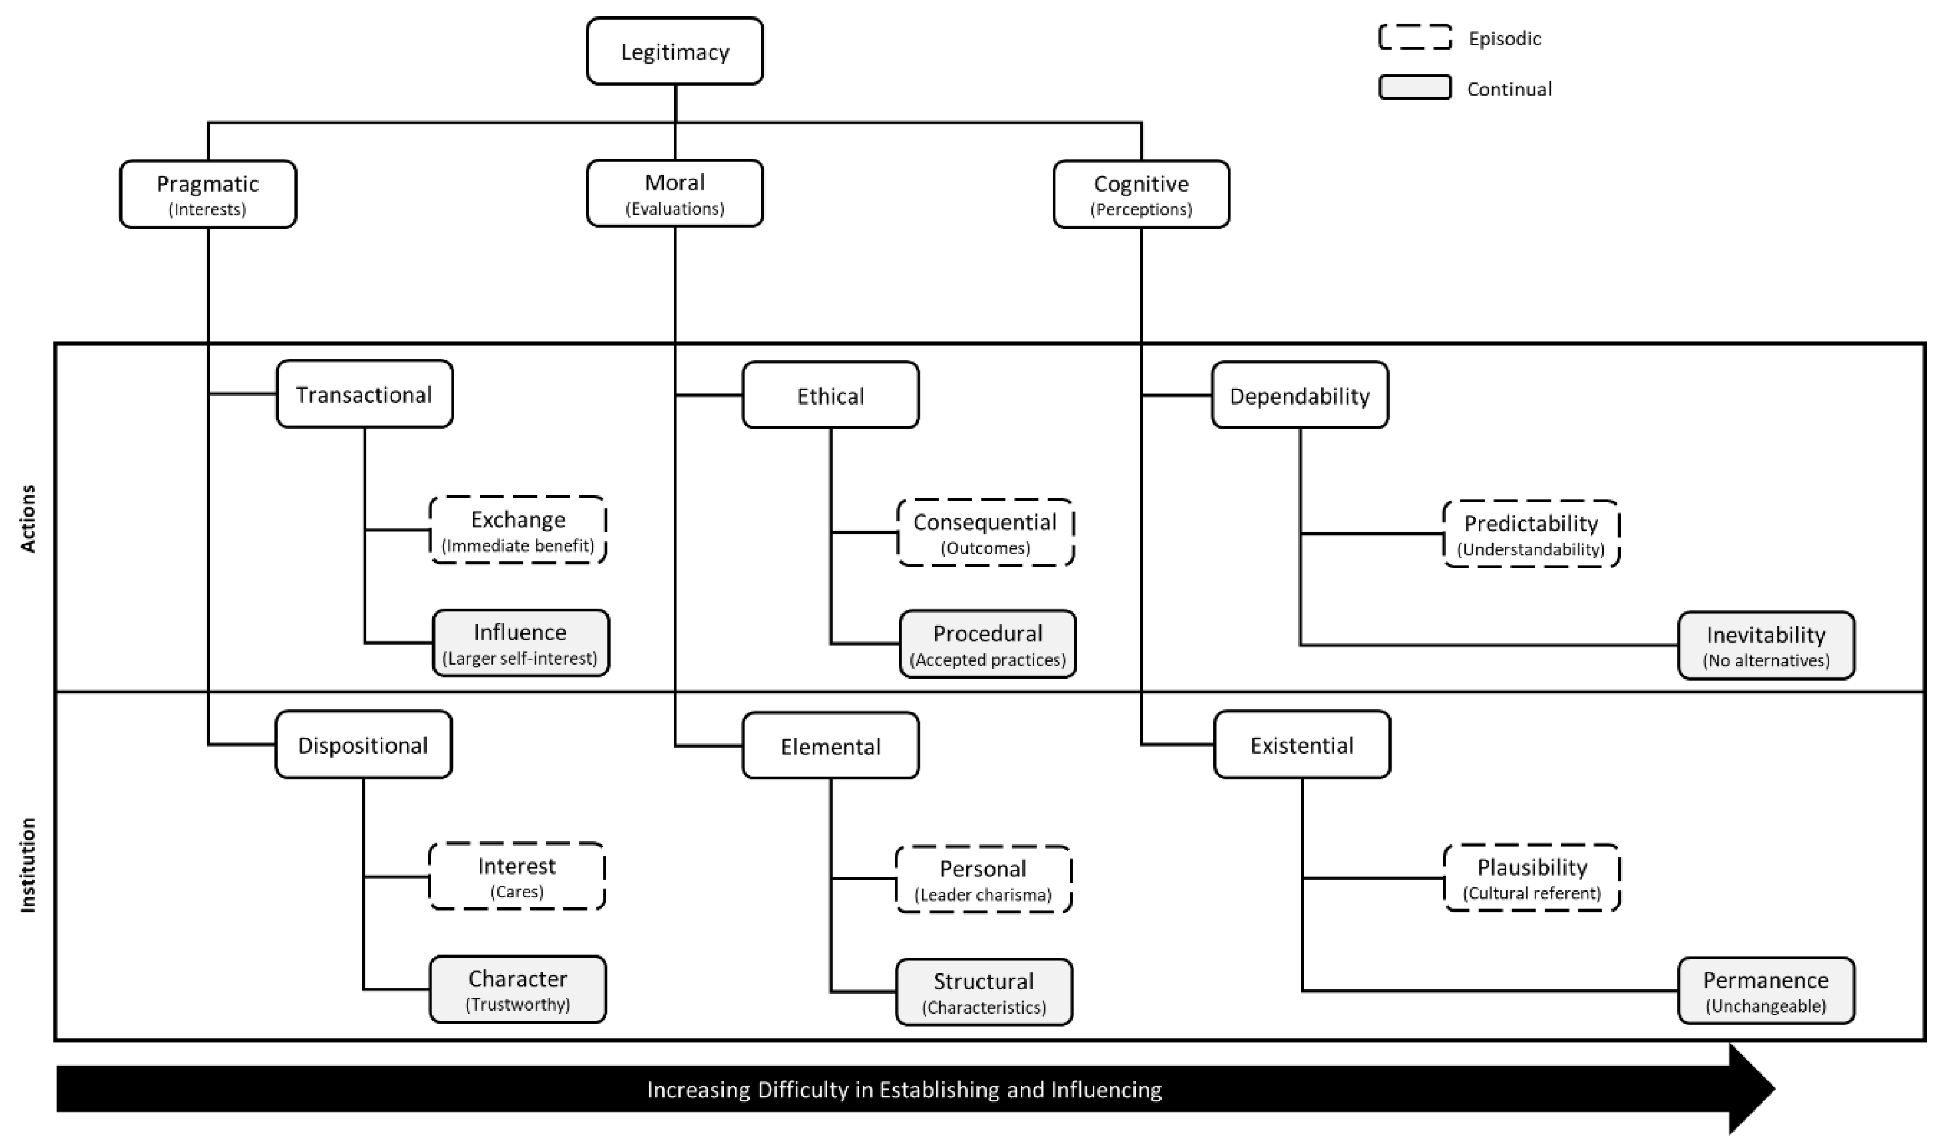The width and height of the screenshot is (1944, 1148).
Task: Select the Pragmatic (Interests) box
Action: pyautogui.click(x=208, y=194)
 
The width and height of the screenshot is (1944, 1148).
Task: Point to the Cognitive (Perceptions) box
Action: pyautogui.click(x=1141, y=194)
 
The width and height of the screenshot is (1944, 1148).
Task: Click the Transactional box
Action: pyautogui.click(x=364, y=394)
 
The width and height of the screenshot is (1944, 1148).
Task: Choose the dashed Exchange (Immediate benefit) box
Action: pyautogui.click(x=518, y=530)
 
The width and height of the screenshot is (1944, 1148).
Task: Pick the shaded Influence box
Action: pyautogui.click(x=520, y=643)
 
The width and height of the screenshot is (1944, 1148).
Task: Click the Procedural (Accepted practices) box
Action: pyautogui.click(x=988, y=645)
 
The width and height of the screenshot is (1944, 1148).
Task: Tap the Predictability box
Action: pyautogui.click(x=1531, y=534)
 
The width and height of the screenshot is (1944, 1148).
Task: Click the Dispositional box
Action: pyautogui.click(x=363, y=744)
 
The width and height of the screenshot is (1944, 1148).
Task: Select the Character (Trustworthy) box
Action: pyautogui.click(x=518, y=989)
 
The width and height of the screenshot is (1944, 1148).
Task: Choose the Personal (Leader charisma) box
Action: pyautogui.click(x=983, y=879)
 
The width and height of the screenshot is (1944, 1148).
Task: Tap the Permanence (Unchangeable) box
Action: pyautogui.click(x=1766, y=991)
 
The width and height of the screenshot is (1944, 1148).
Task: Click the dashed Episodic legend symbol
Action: pyautogui.click(x=1415, y=37)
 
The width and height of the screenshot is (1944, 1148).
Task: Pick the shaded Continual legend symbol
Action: pyautogui.click(x=1415, y=87)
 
